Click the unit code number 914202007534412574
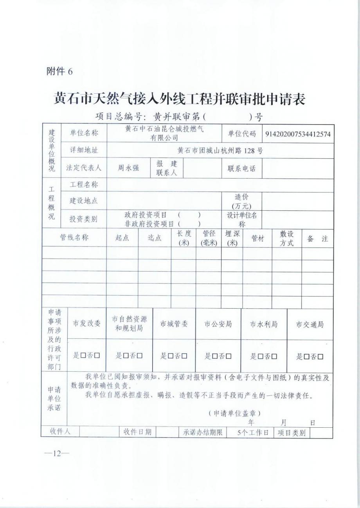298,134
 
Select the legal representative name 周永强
128,168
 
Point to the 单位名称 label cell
84,133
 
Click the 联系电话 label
241,168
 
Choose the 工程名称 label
84,184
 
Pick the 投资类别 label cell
84,219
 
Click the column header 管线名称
74,238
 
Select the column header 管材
257,238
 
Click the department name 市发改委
87,324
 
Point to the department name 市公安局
218,324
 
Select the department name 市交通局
310,324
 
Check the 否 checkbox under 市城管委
184,356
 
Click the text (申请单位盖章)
234,413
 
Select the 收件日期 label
137,432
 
